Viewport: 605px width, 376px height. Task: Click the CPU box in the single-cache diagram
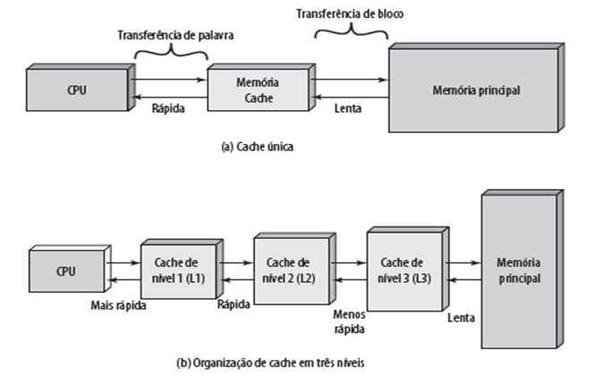75,90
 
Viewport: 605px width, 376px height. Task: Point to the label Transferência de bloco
350,15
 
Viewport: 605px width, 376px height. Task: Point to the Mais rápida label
118,304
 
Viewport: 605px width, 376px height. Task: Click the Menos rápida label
348,320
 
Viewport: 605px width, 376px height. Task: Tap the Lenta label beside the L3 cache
460,318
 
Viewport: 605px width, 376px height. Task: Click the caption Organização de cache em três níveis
273,363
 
